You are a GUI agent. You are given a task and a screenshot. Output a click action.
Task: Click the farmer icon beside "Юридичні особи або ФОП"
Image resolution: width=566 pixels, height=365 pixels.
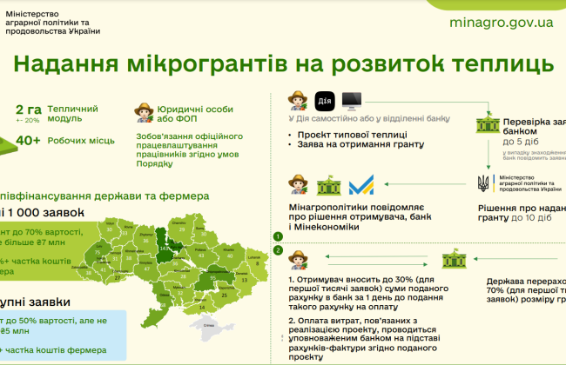pyautogui.click(x=144, y=112)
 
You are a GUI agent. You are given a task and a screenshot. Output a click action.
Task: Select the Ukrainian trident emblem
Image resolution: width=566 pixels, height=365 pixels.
pyautogui.click(x=484, y=183)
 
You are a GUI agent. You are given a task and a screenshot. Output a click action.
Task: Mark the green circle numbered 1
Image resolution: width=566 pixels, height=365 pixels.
pyautogui.click(x=279, y=236)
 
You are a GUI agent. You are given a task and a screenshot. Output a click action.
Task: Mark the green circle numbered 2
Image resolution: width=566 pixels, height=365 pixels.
pyautogui.click(x=279, y=251)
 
